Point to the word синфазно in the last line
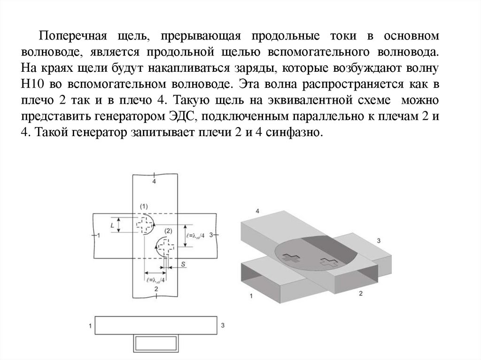pyautogui.click(x=294, y=133)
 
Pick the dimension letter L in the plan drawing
pyautogui.click(x=112, y=225)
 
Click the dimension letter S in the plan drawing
pyautogui.click(x=182, y=265)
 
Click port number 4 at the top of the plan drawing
pyautogui.click(x=155, y=181)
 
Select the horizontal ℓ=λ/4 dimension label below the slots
pyautogui.click(x=156, y=280)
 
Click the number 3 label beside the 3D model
pyautogui.click(x=379, y=241)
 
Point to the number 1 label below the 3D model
pyautogui.click(x=251, y=296)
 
